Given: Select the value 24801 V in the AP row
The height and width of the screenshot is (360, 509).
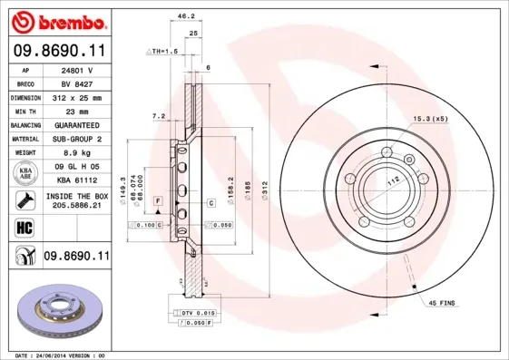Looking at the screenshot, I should [76, 70].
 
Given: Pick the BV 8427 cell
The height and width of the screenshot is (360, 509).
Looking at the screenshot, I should [76, 83].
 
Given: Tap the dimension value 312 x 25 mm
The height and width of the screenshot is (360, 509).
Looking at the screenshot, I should [76, 97].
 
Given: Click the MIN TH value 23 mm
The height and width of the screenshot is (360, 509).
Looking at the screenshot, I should [76, 111].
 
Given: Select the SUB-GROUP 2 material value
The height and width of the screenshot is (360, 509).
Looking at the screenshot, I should [76, 139].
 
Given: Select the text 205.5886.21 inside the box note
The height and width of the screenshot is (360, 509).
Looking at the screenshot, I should [76, 207].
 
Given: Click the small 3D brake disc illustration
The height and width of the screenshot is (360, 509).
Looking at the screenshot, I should [59, 310].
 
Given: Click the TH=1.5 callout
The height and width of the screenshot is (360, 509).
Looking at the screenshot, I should [165, 52].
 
